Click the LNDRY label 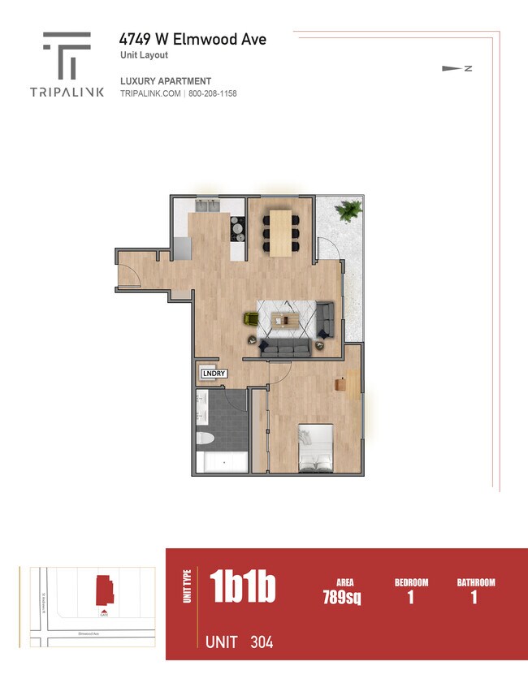[213, 374]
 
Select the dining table [281, 232]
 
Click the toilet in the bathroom [205, 439]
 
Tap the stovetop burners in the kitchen [237, 229]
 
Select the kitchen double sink [205, 205]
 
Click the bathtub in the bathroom [222, 463]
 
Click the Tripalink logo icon [67, 55]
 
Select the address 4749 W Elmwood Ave [193, 39]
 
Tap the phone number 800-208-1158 [212, 94]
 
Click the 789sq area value [341, 599]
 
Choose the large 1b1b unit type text [242, 586]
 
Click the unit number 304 [262, 642]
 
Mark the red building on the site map [104, 590]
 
